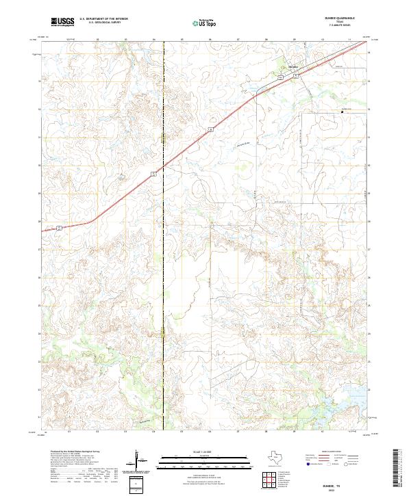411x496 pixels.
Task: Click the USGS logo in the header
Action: click(x=62, y=22)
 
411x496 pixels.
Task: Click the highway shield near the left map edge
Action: click(x=60, y=226)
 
